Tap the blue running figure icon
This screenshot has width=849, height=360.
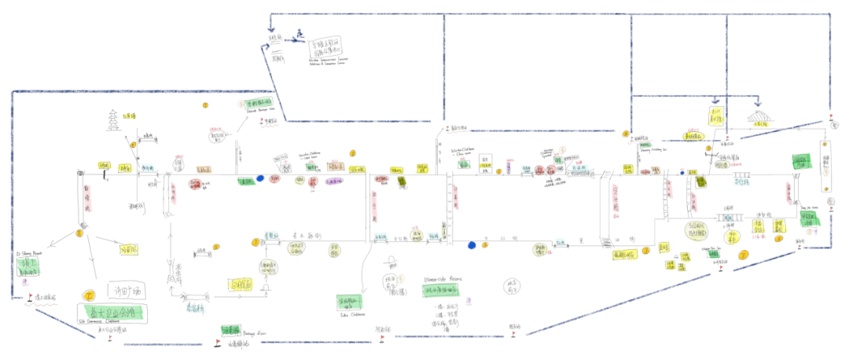pos(300,36)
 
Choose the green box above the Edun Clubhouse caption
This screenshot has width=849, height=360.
pos(351,301)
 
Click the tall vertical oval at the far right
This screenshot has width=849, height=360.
pos(825,165)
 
